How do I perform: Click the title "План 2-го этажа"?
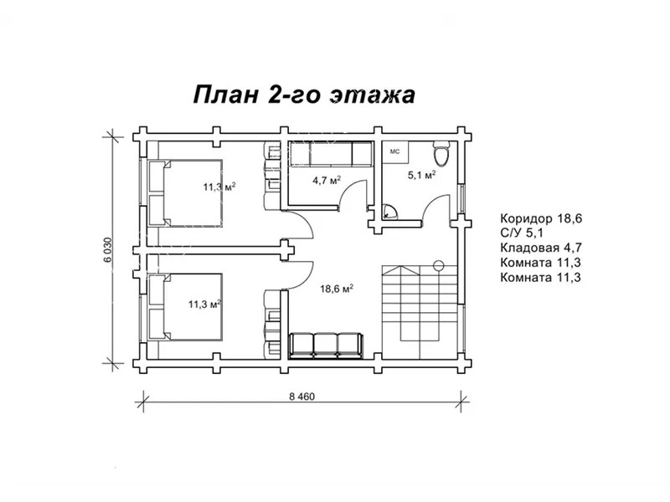coord(304,94)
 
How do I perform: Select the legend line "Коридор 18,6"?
coord(540,218)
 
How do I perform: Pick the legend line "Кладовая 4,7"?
coord(541,248)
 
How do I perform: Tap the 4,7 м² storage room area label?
coord(326,179)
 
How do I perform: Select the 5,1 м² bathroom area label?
coord(421,175)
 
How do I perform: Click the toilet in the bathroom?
coord(441,154)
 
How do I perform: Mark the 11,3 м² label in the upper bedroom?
coord(219,187)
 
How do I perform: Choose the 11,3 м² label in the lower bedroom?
coord(204,304)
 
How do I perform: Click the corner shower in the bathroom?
coord(389,211)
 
